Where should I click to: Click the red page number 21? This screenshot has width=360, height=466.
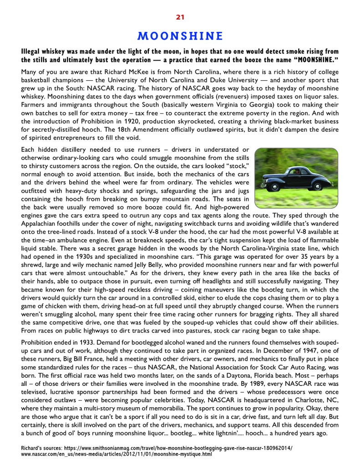(x=180, y=17)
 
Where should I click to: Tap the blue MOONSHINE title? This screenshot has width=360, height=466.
(x=180, y=36)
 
